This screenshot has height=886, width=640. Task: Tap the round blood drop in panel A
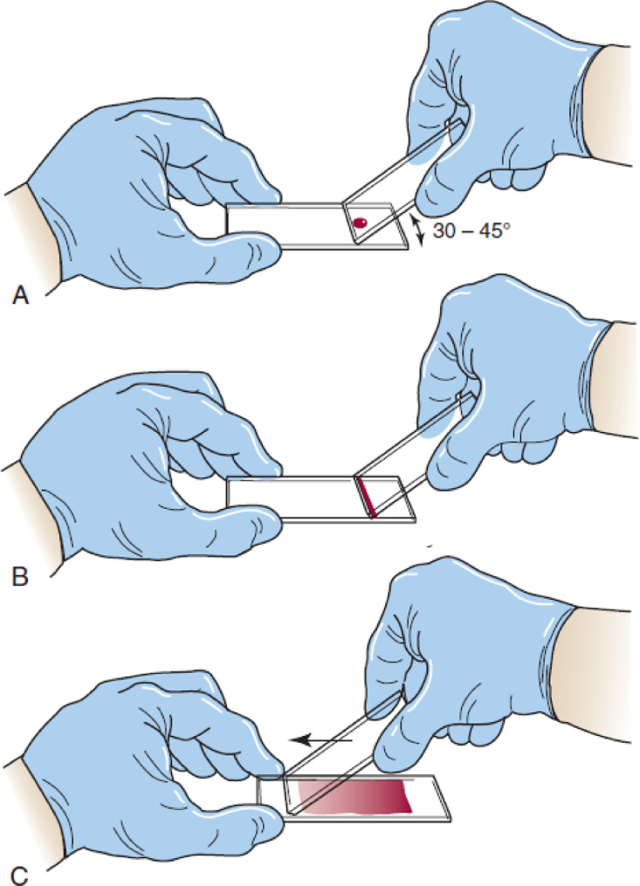click(359, 225)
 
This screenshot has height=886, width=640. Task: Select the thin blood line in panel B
click(366, 498)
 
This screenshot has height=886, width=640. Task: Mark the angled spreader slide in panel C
click(349, 746)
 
